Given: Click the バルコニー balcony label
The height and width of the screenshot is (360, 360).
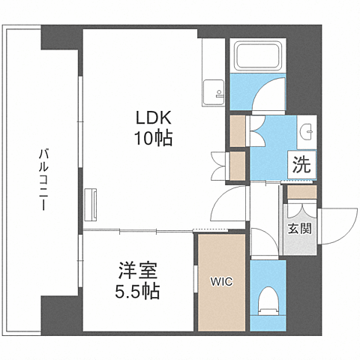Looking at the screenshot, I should click(x=44, y=181).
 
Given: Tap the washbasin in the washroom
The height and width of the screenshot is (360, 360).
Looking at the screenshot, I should click(x=309, y=131).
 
